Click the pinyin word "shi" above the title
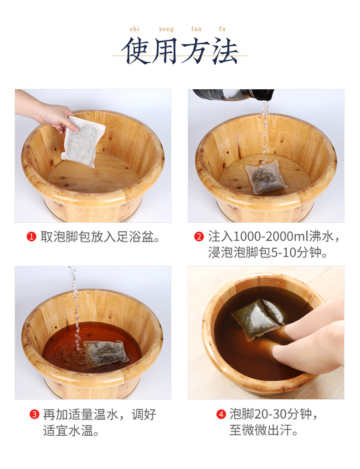tap(134, 29)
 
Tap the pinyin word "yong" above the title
tap(166, 29)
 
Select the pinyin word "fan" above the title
tap(196, 29)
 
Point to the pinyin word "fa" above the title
tap(222, 29)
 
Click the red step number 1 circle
tap(31, 237)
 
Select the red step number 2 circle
tap(199, 237)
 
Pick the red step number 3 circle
tap(34, 414)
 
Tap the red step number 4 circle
tap(221, 414)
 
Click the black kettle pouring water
tap(233, 94)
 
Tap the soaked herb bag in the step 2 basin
tap(266, 177)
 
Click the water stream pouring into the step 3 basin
tap(75, 308)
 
